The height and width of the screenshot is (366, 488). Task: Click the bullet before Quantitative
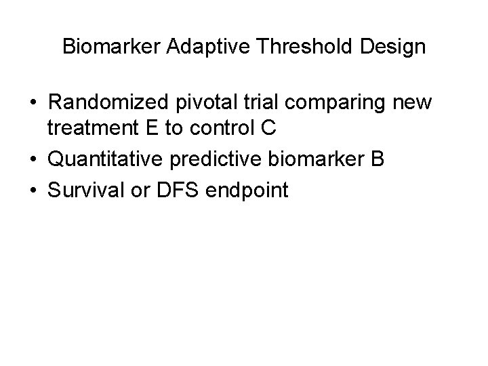tap(33, 160)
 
